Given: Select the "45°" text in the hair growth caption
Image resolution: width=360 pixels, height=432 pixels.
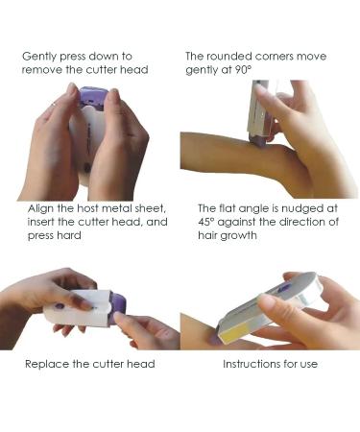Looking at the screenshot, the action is point(205,222).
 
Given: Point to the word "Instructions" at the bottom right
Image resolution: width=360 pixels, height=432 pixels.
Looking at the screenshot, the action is point(247,364).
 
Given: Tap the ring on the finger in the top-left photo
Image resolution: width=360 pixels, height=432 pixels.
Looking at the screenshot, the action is point(55,104).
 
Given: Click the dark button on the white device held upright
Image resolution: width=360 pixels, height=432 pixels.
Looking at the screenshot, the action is point(86,167).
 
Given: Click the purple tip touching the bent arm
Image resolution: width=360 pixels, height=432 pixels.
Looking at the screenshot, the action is point(260,142).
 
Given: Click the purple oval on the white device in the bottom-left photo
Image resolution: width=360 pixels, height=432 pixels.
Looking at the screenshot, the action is point(60,306).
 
